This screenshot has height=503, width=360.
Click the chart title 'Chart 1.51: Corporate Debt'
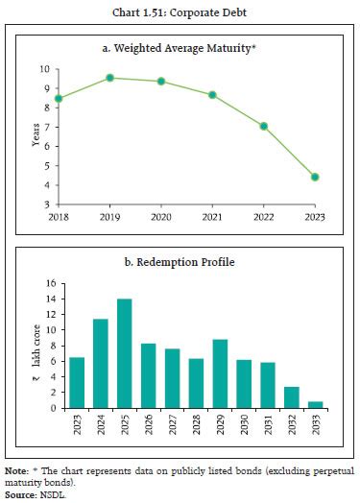(x=179, y=12)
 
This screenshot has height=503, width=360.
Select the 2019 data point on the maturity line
(x=110, y=78)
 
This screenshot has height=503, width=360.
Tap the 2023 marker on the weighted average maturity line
(x=315, y=177)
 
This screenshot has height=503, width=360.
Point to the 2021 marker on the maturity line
(x=212, y=95)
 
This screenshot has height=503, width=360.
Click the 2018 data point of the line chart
(x=60, y=98)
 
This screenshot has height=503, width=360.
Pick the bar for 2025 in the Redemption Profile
(x=125, y=353)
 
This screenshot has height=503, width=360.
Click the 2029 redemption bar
(x=221, y=373)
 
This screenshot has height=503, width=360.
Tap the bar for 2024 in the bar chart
(x=101, y=363)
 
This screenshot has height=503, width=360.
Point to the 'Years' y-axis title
(x=36, y=136)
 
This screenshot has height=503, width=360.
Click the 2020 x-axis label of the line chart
(x=161, y=217)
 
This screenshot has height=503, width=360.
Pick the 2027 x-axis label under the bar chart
(x=173, y=422)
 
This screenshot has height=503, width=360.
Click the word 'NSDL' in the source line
(x=51, y=493)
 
